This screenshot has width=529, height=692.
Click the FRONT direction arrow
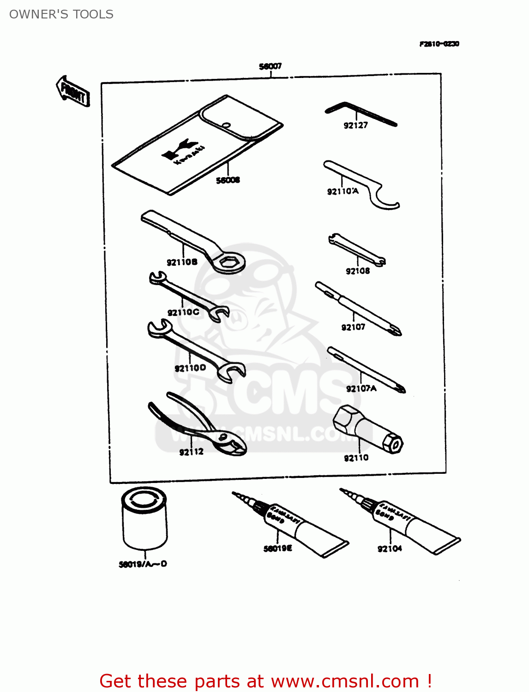click(72, 91)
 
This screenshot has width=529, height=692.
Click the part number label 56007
click(270, 66)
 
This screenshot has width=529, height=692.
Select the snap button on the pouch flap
click(226, 125)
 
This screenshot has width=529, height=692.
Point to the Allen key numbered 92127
click(360, 113)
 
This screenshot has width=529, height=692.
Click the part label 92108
click(358, 271)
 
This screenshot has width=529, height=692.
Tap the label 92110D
click(190, 368)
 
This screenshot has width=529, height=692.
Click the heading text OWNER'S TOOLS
click(61, 14)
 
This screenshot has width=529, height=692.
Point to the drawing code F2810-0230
click(439, 44)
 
